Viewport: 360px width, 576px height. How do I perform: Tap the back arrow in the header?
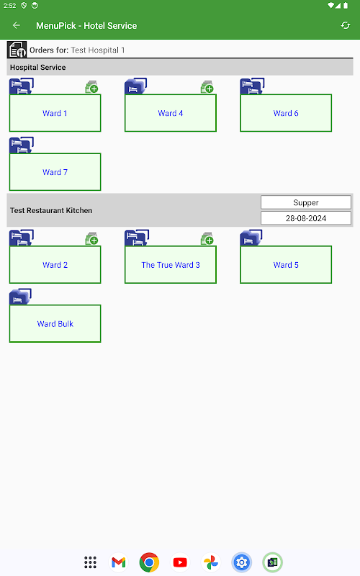point(16,25)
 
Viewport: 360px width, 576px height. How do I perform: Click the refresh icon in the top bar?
point(346,25)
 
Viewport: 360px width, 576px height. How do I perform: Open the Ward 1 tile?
point(55,113)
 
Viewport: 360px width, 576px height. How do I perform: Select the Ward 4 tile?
point(171,113)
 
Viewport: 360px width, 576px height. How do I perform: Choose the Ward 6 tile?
point(286,113)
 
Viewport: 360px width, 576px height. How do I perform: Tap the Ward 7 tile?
point(55,172)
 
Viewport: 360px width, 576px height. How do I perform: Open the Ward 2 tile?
point(55,265)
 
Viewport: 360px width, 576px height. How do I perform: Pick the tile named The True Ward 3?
point(171,265)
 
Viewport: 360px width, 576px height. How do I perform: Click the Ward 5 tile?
point(286,265)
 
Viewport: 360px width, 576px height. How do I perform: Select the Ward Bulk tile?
point(55,323)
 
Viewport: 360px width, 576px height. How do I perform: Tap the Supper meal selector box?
point(305,202)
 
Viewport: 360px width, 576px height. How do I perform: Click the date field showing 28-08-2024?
point(305,218)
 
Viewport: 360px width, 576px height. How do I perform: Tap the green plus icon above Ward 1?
point(92,87)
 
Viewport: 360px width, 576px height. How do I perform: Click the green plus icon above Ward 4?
point(207,87)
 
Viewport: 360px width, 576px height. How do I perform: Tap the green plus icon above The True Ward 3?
point(207,239)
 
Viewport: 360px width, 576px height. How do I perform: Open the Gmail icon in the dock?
point(119,562)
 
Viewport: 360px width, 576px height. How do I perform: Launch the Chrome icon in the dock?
point(149,562)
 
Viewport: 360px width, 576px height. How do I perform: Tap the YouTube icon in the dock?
point(180,562)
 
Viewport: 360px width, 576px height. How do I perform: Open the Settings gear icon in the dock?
point(242,562)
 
